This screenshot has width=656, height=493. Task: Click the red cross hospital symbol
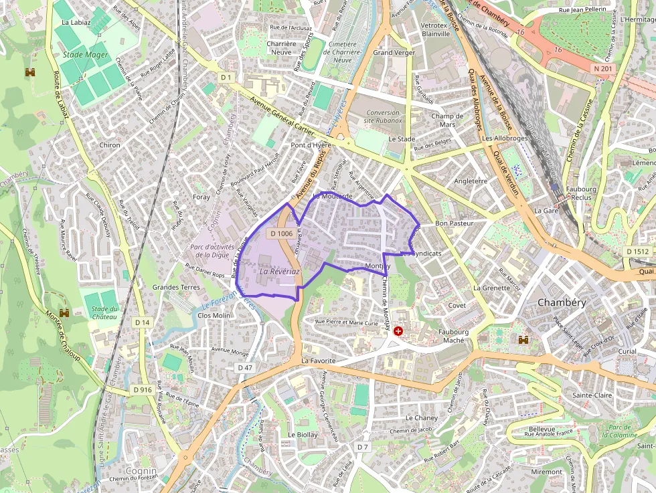coord(399,330)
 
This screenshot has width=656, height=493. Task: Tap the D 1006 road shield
coord(280,233)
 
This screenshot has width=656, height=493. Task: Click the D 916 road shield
coord(142,389)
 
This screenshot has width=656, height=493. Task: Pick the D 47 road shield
coord(245,367)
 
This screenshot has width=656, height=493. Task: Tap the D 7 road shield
coord(363,446)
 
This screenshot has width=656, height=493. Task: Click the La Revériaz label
coord(279,272)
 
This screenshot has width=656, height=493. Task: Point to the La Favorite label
coord(317,361)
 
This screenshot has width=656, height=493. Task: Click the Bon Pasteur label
coord(454,223)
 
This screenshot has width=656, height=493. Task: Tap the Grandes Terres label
coord(176,287)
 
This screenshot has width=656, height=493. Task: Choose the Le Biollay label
coord(303,434)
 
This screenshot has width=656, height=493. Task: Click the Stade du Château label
coord(104,312)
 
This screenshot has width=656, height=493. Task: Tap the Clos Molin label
coord(214,315)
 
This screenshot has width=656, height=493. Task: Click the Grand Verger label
coord(394,52)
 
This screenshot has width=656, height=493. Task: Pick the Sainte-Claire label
coord(592,395)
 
